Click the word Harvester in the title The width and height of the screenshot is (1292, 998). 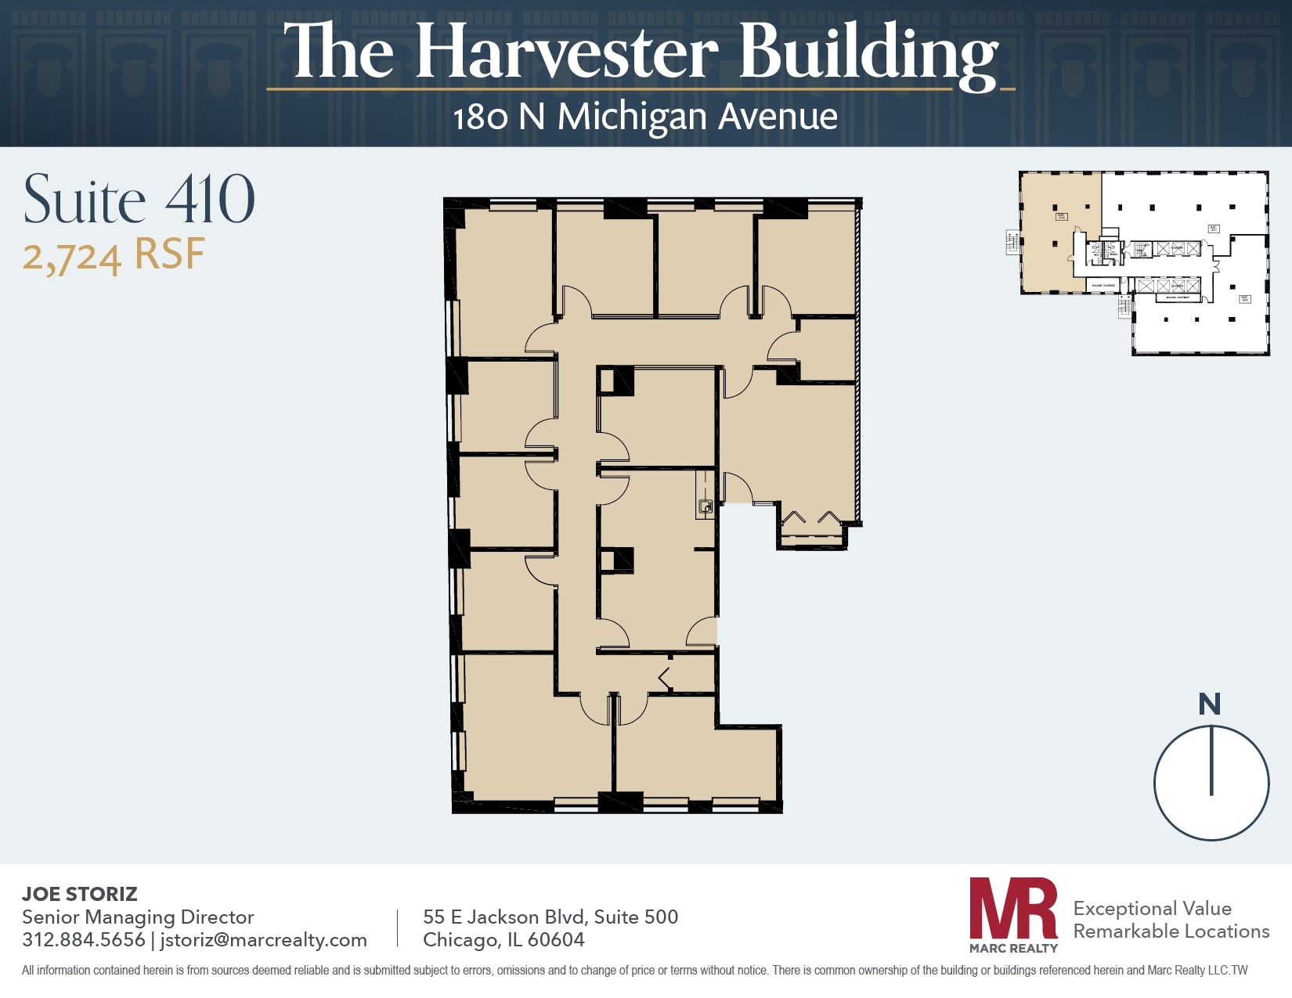[x=567, y=53]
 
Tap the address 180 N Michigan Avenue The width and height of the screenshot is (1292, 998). [x=645, y=117]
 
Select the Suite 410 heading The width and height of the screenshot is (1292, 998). [x=139, y=200]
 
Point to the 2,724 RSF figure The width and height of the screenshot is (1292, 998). [x=114, y=256]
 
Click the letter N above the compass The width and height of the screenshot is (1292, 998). [x=1209, y=704]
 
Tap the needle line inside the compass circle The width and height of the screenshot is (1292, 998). [x=1211, y=761]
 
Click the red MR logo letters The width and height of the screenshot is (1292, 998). [x=1013, y=909]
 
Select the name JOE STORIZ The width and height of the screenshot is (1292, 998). [x=80, y=894]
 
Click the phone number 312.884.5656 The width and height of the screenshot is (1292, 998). [x=84, y=939]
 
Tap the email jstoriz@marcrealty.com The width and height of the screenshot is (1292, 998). [x=263, y=939]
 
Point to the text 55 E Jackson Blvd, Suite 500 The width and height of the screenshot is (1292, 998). [x=550, y=917]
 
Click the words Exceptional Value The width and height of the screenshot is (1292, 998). [x=1152, y=908]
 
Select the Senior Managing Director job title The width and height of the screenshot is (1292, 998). [x=138, y=917]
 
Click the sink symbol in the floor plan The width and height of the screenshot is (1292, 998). [x=706, y=507]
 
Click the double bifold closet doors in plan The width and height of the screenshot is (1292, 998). [x=812, y=520]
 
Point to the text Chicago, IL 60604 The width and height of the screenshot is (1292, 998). [x=503, y=939]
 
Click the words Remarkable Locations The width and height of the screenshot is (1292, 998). [x=1171, y=931]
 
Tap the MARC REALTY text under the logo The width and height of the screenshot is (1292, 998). [x=1013, y=948]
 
